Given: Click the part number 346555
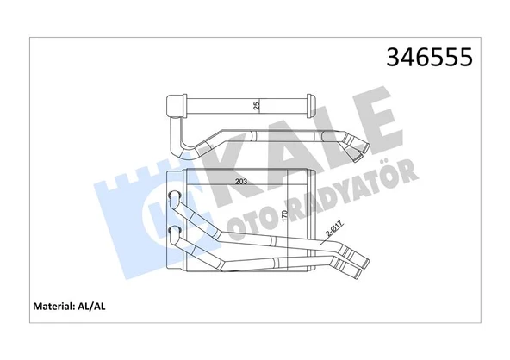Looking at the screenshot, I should click(429, 59).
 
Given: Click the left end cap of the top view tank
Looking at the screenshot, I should click(176, 106).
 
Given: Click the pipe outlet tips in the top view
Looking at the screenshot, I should click(356, 146).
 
